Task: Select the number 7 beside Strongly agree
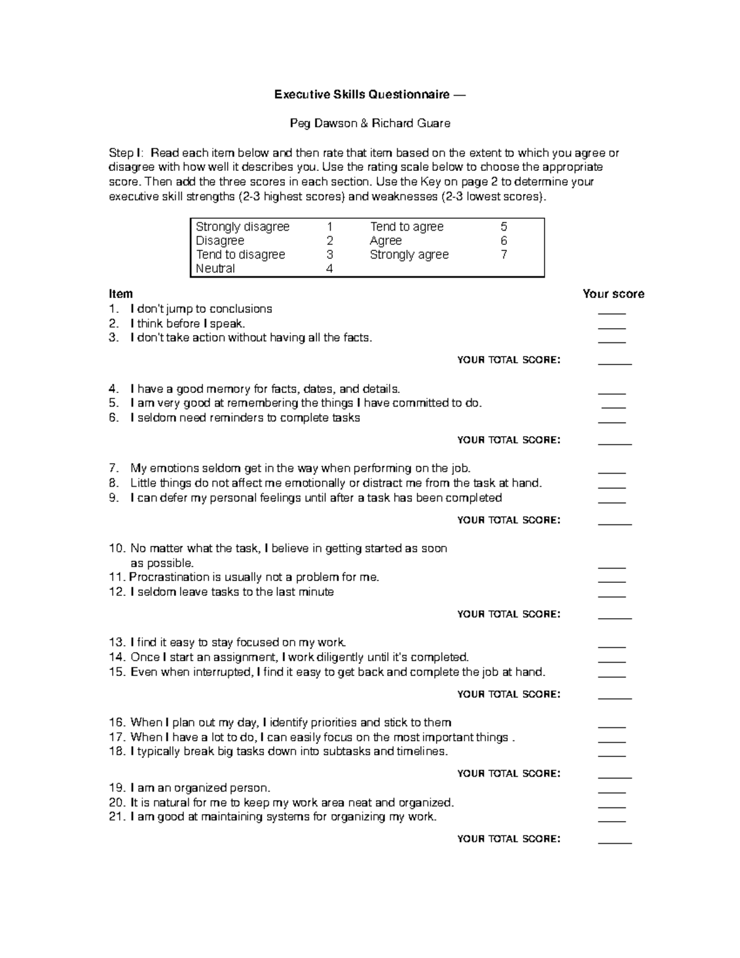pos(504,255)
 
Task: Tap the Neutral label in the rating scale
pos(215,268)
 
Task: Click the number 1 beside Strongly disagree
pos(330,227)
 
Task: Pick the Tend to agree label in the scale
pos(406,227)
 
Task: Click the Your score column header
pos(613,294)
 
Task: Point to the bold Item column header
pos(120,294)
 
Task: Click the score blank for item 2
pos(612,328)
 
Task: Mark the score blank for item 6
pos(612,422)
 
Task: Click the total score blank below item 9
pos(615,524)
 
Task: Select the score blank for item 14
pos(612,661)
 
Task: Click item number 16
pos(117,722)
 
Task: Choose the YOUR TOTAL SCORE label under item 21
pos(509,839)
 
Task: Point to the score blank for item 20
pos(612,807)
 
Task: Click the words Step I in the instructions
pos(126,153)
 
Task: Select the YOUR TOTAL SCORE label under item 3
pos(509,360)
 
